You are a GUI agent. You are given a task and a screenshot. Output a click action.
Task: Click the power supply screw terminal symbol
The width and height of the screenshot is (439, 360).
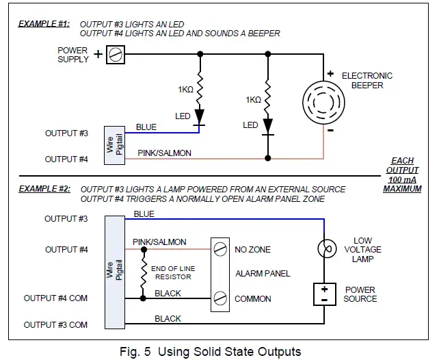(x=116, y=55)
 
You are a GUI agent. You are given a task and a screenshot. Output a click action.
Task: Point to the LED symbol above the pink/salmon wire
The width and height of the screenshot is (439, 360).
(x=267, y=125)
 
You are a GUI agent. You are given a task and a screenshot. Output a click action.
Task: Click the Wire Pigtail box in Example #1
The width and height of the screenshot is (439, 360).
(x=114, y=145)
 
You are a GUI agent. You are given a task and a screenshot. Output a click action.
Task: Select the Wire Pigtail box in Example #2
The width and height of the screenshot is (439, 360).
(x=114, y=272)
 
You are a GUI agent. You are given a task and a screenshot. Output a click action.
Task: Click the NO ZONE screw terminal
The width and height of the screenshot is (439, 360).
(x=219, y=249)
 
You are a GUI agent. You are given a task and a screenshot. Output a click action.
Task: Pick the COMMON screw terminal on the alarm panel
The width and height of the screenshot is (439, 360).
(x=219, y=299)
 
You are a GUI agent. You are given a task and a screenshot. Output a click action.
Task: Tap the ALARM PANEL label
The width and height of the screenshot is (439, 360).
(x=263, y=274)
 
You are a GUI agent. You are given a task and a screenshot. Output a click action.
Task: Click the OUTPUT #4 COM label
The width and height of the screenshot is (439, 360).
(x=55, y=298)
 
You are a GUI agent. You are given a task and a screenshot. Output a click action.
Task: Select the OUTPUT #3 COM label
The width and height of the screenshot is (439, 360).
(x=55, y=324)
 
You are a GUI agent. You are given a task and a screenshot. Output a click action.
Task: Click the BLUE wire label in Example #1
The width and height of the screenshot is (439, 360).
(x=146, y=127)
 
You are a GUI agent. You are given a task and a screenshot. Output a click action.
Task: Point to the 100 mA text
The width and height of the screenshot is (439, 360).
(x=402, y=179)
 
